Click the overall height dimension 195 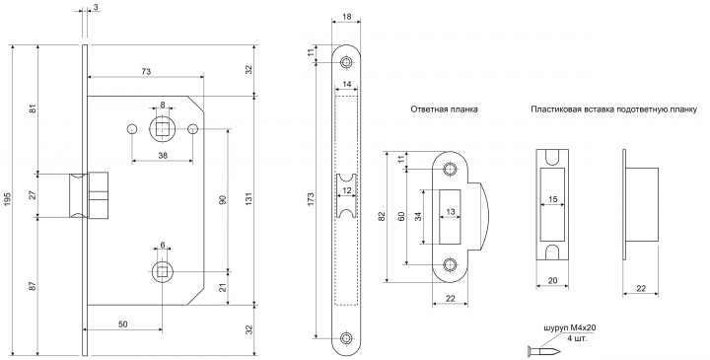pos(7,200)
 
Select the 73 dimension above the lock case pos(146,72)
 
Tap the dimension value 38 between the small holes pos(163,155)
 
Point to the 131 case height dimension pos(248,200)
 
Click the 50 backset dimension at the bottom pos(122,324)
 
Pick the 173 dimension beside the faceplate pos(311,200)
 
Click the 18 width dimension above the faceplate pos(346,17)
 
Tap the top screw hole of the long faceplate pos(347,62)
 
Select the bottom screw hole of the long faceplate pos(347,338)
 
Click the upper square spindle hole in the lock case pos(161,129)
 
